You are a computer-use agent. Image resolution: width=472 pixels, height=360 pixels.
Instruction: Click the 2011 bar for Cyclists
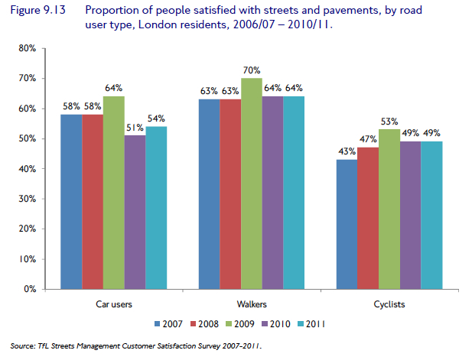[431, 215]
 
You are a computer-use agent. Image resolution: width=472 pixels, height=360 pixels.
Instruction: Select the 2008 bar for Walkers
[230, 194]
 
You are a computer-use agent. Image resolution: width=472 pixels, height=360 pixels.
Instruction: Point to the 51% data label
[135, 128]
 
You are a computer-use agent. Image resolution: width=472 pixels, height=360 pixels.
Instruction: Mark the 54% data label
[156, 119]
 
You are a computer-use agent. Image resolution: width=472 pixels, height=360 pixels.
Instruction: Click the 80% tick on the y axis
[27, 48]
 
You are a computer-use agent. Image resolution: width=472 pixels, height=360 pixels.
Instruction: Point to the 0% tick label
[30, 289]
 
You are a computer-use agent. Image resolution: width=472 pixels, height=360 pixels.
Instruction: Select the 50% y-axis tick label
[27, 138]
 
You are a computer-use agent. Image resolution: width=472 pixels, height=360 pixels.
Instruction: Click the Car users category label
[114, 304]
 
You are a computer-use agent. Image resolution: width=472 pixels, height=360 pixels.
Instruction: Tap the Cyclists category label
[390, 304]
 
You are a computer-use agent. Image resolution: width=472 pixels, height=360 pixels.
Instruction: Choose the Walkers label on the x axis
[252, 304]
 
